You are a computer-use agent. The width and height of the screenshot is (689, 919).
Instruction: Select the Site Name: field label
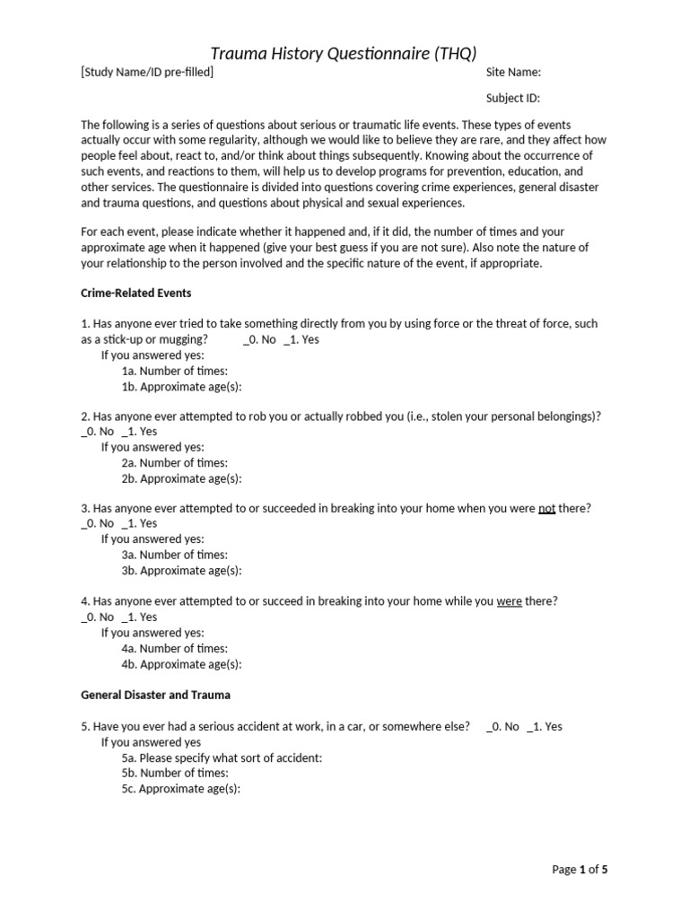[513, 73]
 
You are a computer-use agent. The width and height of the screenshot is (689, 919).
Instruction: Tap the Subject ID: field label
[513, 99]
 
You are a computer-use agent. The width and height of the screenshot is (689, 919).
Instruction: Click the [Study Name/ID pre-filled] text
[147, 73]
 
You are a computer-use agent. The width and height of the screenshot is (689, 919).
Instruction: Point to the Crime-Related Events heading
[136, 293]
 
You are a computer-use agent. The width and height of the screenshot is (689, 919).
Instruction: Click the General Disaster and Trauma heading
[155, 695]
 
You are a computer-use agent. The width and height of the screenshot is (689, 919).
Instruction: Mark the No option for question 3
[98, 523]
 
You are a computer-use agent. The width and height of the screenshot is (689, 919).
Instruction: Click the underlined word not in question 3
[546, 508]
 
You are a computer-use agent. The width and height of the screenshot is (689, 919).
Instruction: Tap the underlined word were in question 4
[510, 601]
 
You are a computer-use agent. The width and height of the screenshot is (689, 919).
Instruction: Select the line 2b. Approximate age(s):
[182, 478]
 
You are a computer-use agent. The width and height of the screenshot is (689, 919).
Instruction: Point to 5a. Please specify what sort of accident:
[222, 757]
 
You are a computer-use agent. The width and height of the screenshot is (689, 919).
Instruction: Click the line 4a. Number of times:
[175, 649]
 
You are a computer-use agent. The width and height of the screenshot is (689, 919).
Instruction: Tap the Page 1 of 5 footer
[580, 870]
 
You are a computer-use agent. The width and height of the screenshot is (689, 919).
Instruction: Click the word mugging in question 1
[187, 340]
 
